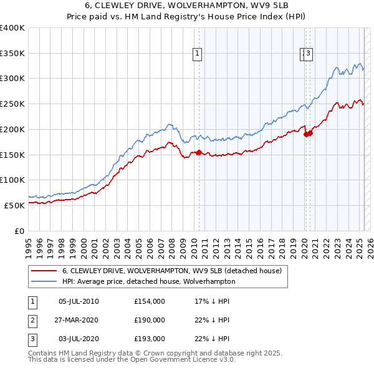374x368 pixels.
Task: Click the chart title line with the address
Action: pos(187,7)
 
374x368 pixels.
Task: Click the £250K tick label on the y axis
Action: pos(12,104)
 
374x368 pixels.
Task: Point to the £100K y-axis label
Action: pos(12,180)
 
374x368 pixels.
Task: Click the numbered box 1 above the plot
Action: pos(197,54)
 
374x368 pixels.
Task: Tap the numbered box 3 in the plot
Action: pos(308,54)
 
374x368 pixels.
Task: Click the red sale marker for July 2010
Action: pos(199,152)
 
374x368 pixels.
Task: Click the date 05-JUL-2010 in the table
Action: pos(79,301)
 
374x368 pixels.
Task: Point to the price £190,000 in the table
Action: pos(150,320)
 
